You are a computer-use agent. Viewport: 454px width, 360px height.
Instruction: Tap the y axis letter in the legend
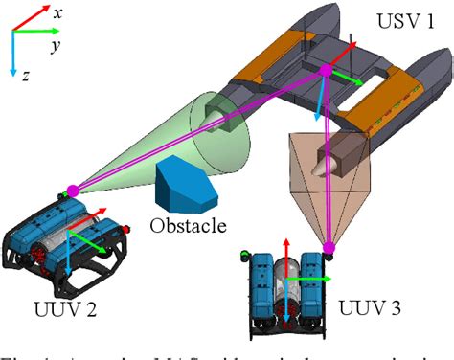pyautogui.click(x=57, y=44)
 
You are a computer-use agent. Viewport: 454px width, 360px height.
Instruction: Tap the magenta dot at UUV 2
pyautogui.click(x=71, y=191)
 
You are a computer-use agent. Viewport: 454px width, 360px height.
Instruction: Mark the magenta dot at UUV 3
pyautogui.click(x=329, y=249)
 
